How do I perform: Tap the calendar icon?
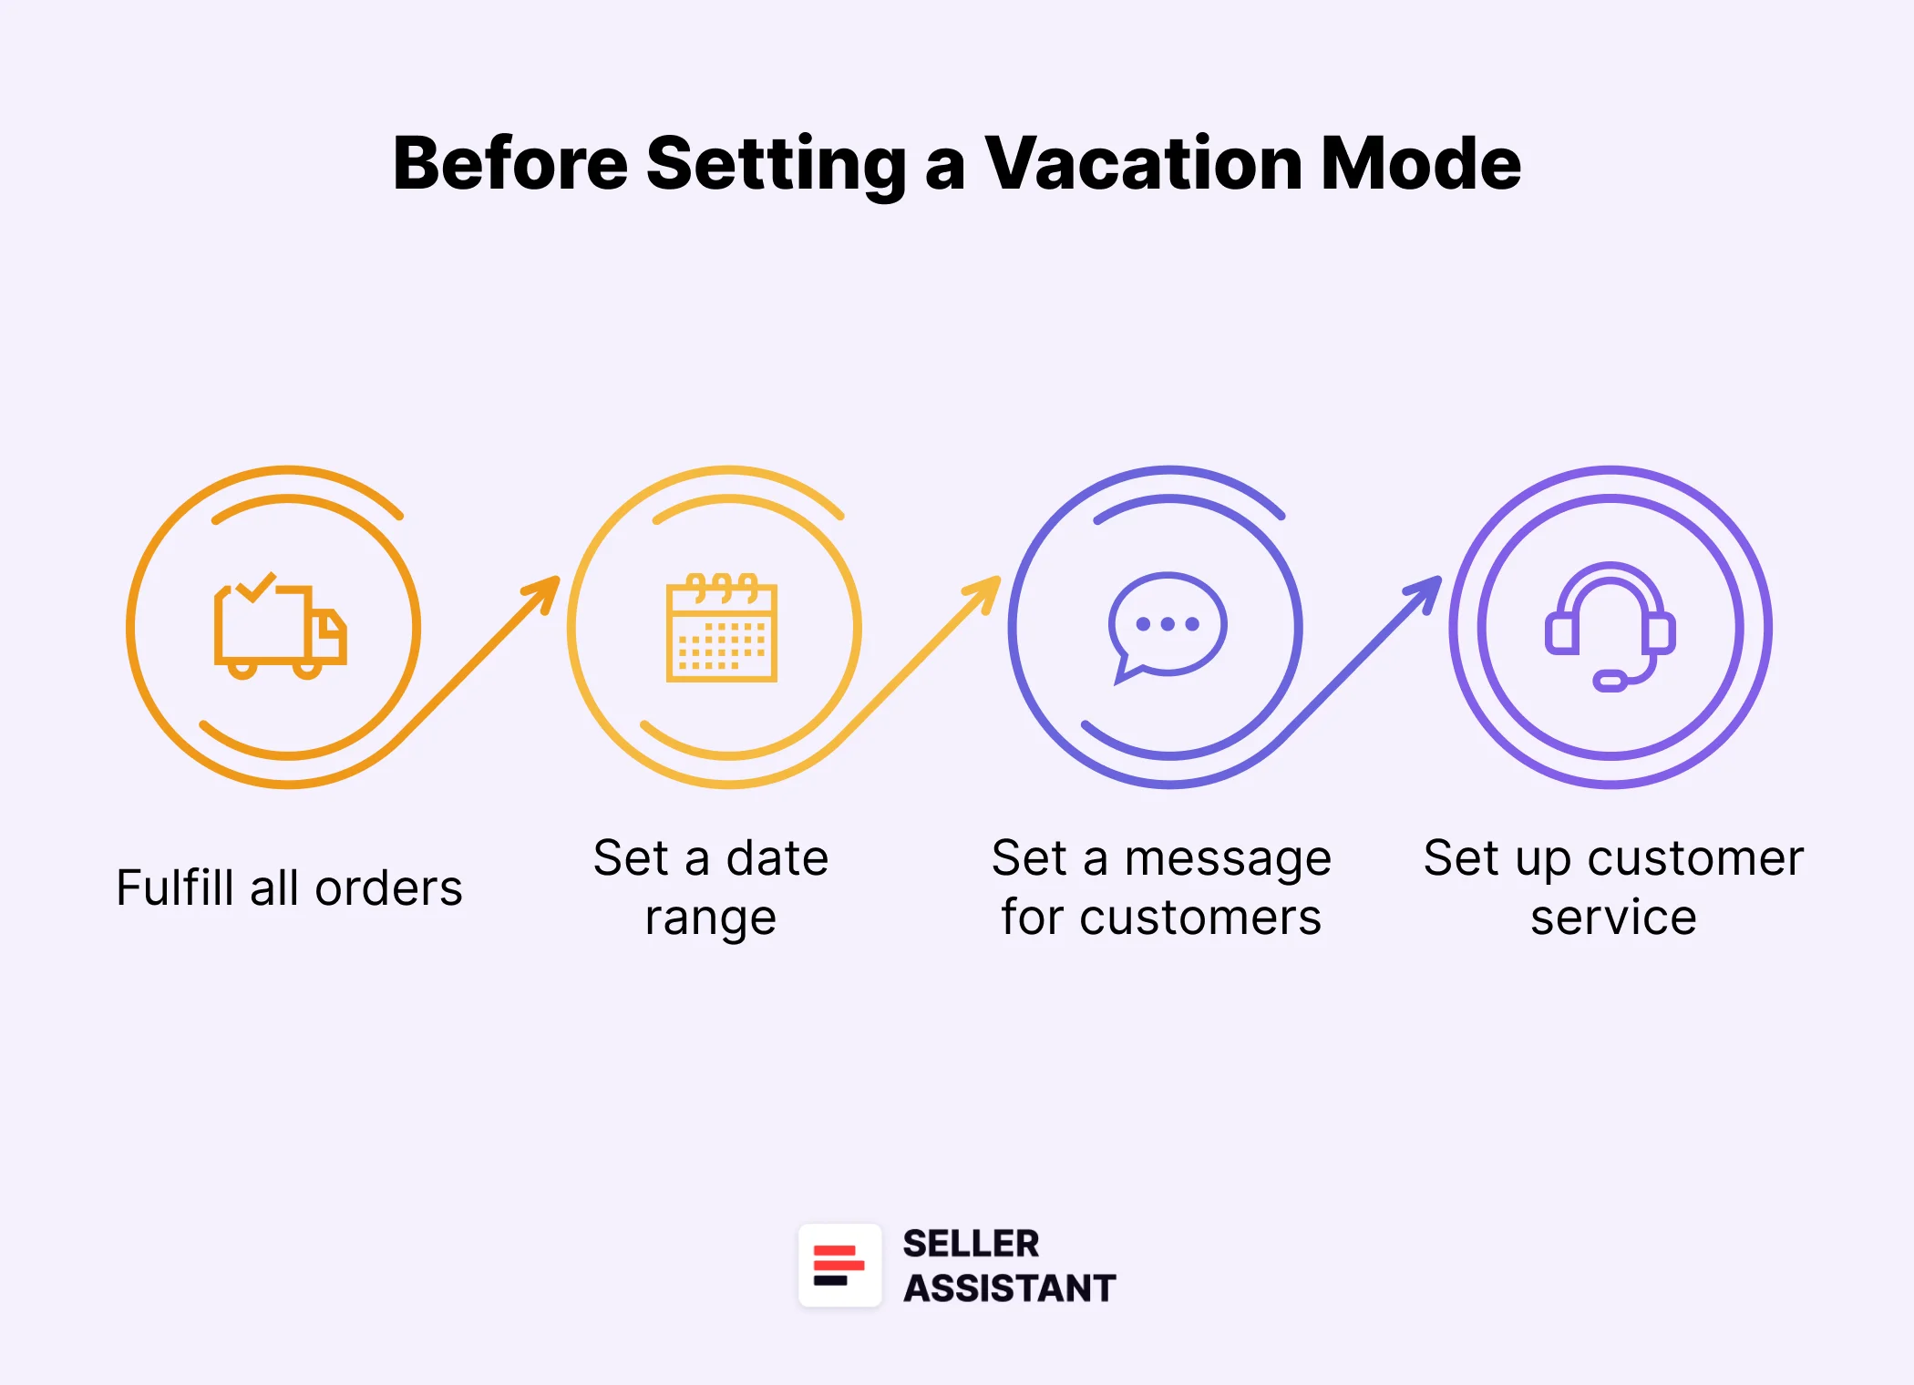point(722,629)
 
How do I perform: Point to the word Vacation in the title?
point(1143,164)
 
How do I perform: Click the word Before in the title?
point(510,164)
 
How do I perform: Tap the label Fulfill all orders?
point(289,887)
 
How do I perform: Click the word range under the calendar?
point(710,918)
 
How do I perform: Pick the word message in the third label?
point(1228,859)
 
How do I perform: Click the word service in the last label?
point(1613,917)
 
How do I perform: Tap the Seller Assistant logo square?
point(839,1266)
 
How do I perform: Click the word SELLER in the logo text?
point(971,1244)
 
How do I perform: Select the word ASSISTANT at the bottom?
point(1009,1288)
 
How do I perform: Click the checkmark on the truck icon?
point(256,587)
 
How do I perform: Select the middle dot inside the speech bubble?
point(1168,624)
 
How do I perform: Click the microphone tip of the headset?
point(1609,681)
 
